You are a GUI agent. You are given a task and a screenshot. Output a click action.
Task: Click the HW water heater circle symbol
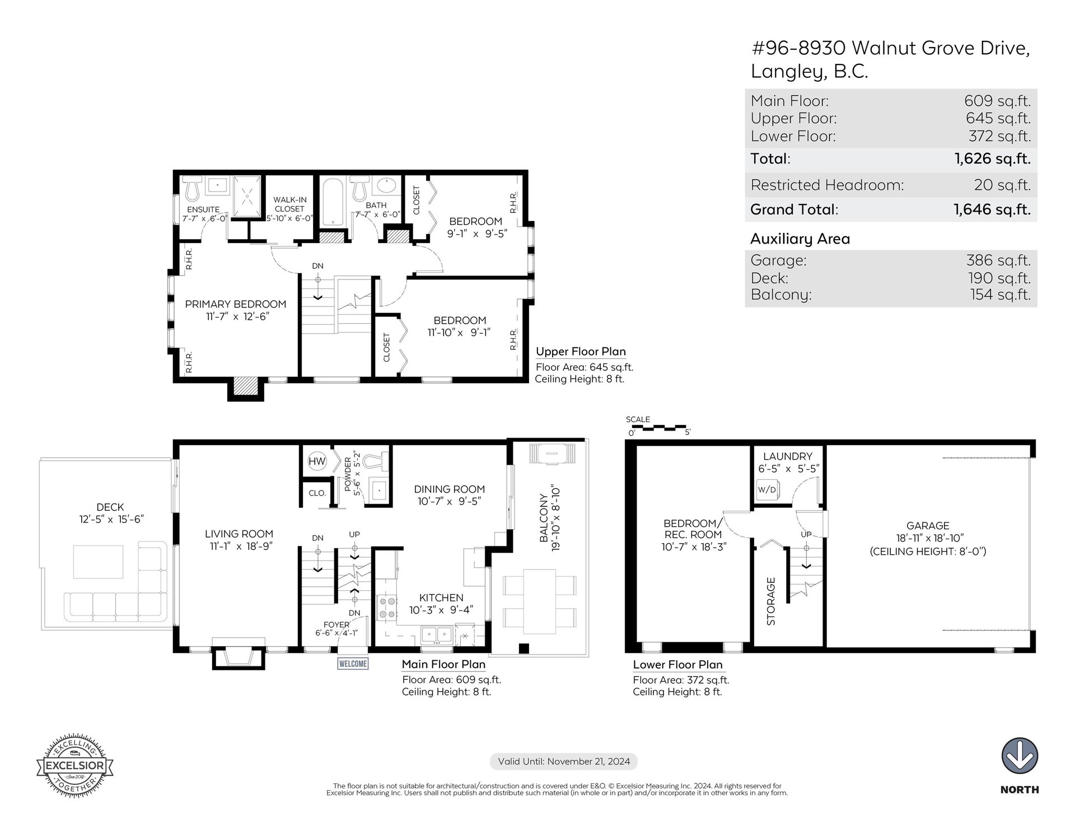317,461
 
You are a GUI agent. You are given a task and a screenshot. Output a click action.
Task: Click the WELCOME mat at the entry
353,664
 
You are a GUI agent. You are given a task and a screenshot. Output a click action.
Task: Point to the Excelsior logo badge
75,764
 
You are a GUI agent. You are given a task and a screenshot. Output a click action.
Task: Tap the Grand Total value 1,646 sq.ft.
992,209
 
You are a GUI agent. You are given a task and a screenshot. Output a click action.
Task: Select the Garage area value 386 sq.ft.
998,260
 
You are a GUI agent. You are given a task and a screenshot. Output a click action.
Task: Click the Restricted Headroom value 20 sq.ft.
1002,185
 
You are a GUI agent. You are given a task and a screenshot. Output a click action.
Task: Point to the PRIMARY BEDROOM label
236,304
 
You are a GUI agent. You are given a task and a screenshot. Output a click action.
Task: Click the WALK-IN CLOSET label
289,204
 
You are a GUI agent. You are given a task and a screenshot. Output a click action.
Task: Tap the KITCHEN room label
441,597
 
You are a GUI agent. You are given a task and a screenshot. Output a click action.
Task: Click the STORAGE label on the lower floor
771,601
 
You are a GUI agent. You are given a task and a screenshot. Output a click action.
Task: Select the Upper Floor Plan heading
581,352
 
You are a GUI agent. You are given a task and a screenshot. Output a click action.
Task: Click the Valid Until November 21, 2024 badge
564,762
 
